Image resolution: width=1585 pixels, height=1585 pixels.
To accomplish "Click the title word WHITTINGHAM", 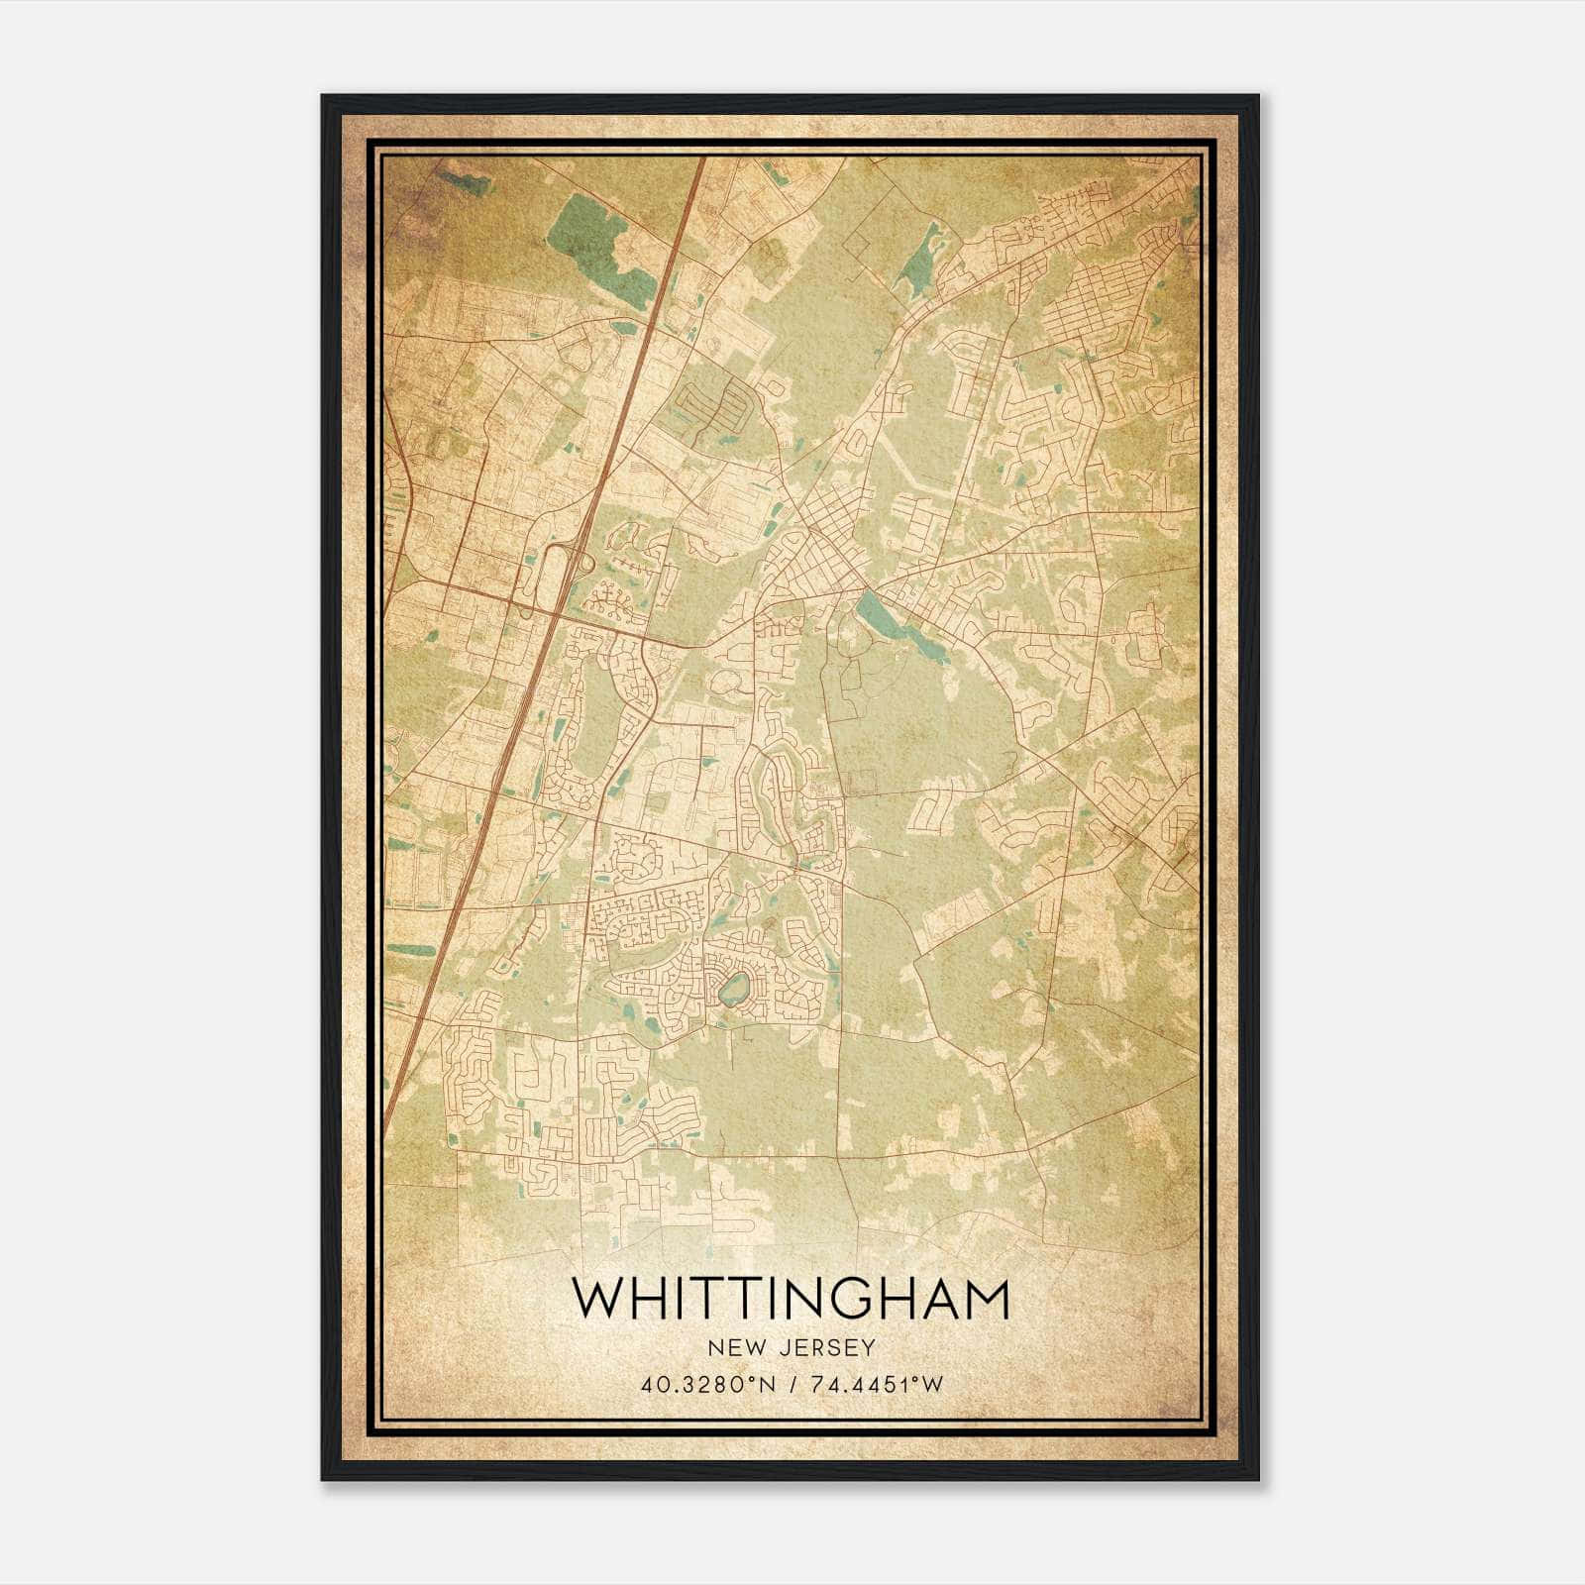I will coord(790,1299).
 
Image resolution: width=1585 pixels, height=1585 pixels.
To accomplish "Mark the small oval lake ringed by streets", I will coord(734,990).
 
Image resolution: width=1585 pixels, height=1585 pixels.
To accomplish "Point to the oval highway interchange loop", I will coord(556,575).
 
